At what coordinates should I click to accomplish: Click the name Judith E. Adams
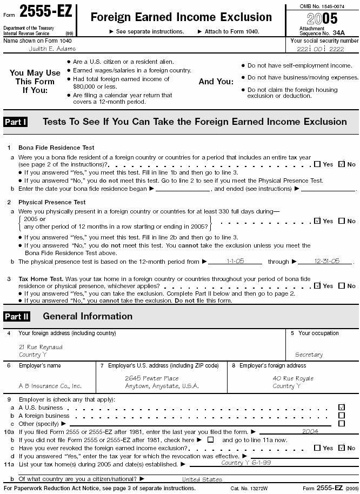(x=52, y=49)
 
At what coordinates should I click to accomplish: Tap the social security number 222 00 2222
(x=324, y=49)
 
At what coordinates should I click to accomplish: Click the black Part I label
(x=16, y=122)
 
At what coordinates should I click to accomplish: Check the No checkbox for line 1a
(x=341, y=164)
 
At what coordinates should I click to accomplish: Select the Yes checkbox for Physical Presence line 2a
(x=317, y=221)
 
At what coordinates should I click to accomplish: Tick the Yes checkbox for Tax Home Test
(x=317, y=285)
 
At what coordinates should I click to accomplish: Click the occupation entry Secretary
(x=309, y=355)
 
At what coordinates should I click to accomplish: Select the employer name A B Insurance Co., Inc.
(x=50, y=386)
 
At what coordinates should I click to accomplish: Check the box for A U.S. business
(x=341, y=407)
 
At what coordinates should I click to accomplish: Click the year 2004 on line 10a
(x=310, y=431)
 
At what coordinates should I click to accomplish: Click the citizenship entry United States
(x=202, y=479)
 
